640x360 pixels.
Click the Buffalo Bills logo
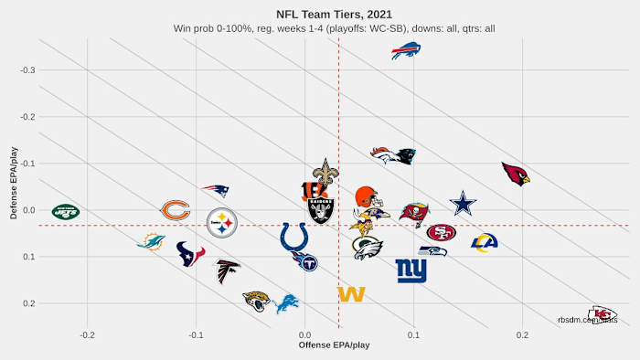click(x=406, y=51)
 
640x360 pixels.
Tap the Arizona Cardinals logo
click(x=516, y=174)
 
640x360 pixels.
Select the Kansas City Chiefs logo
click(x=602, y=314)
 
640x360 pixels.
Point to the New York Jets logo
click(x=66, y=212)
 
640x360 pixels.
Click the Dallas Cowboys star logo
click(x=464, y=204)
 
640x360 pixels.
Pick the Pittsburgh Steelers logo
click(x=222, y=222)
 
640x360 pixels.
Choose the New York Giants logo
click(x=411, y=270)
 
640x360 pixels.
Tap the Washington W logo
click(x=351, y=294)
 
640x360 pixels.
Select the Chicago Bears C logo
click(x=176, y=211)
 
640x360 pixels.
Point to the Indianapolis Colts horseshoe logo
click(x=294, y=237)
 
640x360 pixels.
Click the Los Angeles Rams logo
click(x=484, y=242)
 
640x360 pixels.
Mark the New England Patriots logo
click(x=216, y=191)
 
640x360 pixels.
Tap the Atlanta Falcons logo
click(x=227, y=271)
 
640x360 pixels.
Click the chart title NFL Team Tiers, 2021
click(x=320, y=14)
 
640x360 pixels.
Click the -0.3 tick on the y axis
click(x=29, y=70)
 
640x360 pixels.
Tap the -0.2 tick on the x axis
click(x=87, y=334)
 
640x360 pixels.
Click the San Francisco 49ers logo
click(x=442, y=232)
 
